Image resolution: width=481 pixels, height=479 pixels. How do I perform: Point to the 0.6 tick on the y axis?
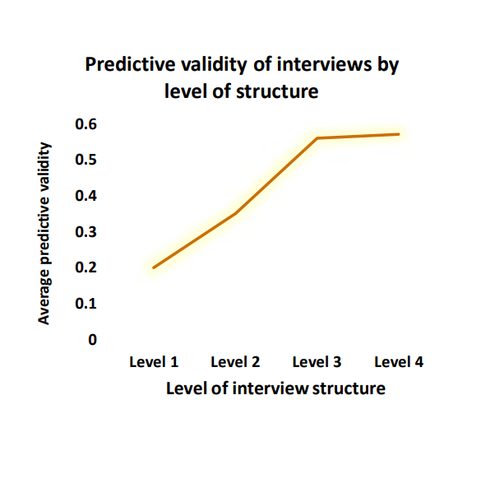coord(86,124)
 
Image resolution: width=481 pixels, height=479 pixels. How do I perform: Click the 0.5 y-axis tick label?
coord(86,160)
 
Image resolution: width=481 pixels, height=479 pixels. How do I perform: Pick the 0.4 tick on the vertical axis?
coord(86,196)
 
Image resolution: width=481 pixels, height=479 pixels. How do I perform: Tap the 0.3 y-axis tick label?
coord(86,232)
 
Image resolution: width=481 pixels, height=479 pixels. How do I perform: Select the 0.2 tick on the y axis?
coord(86,267)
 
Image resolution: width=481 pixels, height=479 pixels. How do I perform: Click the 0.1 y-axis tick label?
coord(86,303)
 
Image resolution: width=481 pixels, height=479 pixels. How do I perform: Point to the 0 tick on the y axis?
coord(93,339)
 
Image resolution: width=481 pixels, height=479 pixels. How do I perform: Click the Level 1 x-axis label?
coord(154,361)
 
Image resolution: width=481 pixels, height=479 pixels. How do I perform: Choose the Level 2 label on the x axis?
coord(235,361)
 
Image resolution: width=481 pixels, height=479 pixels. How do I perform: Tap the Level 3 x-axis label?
coord(317,361)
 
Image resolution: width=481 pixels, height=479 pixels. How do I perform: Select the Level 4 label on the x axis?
coord(399,361)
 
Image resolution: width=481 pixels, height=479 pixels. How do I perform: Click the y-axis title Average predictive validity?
coord(45,234)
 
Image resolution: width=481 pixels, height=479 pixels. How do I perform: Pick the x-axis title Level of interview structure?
coord(275,388)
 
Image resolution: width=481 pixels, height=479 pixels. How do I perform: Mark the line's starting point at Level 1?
coord(154,267)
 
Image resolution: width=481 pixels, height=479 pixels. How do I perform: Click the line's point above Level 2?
coord(236,213)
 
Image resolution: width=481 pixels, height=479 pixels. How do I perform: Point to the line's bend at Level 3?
coord(317,138)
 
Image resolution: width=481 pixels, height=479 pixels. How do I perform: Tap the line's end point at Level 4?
coord(399,134)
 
